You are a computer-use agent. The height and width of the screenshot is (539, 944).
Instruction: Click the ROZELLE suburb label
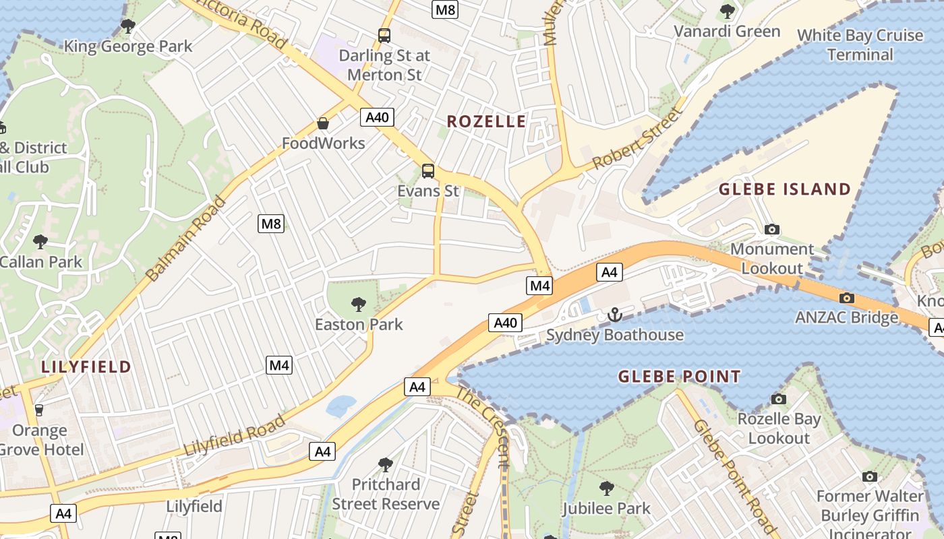pos(486,121)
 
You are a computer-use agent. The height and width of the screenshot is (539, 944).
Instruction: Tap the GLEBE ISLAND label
pos(785,189)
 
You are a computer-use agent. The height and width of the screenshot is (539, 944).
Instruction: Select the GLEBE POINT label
pos(679,377)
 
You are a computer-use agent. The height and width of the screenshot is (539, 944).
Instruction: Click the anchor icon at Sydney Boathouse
pos(614,315)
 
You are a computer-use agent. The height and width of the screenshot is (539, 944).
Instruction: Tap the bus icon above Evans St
pos(428,171)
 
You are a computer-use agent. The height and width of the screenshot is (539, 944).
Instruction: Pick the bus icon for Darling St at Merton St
pos(384,36)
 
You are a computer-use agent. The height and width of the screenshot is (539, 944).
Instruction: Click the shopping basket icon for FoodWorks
pos(323,123)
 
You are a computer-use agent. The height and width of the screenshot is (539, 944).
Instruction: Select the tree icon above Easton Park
pos(359,305)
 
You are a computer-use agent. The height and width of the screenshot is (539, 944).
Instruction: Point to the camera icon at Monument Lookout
pos(772,230)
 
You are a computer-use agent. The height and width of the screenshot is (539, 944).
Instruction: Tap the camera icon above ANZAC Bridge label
pos(847,298)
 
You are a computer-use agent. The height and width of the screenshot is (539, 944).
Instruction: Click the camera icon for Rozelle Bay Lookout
pos(779,400)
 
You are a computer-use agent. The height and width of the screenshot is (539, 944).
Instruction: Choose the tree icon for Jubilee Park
pos(607,488)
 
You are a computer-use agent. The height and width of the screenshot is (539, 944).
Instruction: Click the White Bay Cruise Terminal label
pos(860,44)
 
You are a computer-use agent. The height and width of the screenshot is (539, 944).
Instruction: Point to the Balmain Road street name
pos(186,239)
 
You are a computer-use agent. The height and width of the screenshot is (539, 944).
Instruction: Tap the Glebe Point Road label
pos(734,476)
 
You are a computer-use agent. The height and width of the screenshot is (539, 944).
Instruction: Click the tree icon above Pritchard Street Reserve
pos(385,465)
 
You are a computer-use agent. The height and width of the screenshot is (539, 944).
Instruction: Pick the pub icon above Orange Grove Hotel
pos(38,410)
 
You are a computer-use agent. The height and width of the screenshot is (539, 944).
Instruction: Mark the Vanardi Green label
pos(727,32)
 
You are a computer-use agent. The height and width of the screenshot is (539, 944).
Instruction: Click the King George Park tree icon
pos(127,27)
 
